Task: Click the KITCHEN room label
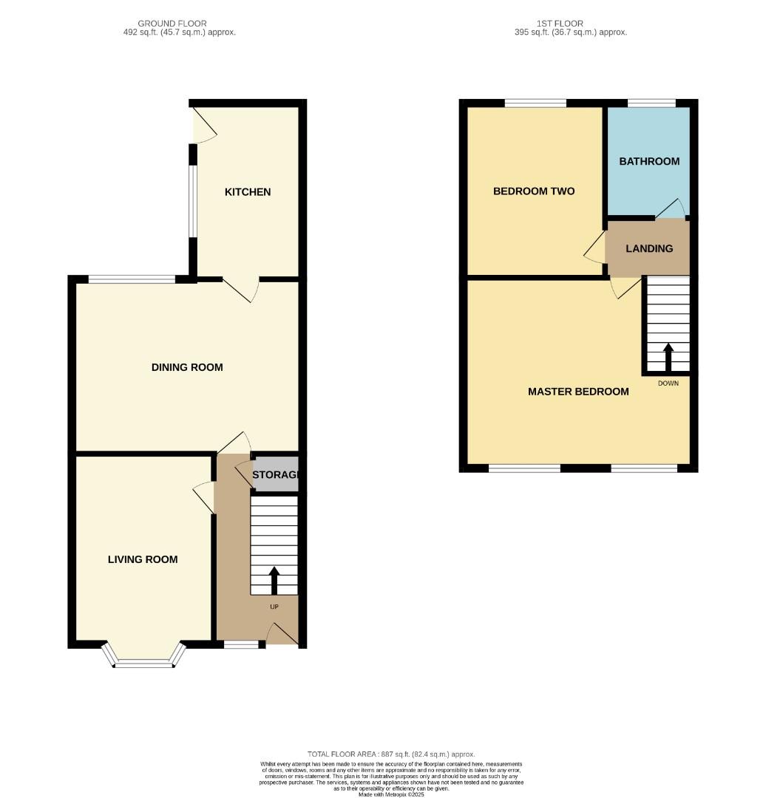(248, 192)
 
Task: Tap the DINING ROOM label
(187, 367)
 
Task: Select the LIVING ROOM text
(143, 559)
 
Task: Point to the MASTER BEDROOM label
(578, 392)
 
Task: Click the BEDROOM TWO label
(534, 191)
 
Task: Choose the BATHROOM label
(649, 161)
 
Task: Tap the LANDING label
(649, 248)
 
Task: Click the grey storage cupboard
(275, 474)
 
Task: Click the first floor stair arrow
(668, 356)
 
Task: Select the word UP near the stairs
(274, 607)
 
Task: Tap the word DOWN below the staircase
(668, 383)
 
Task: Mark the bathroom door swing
(671, 208)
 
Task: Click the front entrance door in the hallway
(282, 634)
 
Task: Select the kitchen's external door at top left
(205, 126)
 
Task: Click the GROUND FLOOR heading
(172, 24)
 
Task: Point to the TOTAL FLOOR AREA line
(391, 754)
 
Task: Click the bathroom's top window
(651, 103)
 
